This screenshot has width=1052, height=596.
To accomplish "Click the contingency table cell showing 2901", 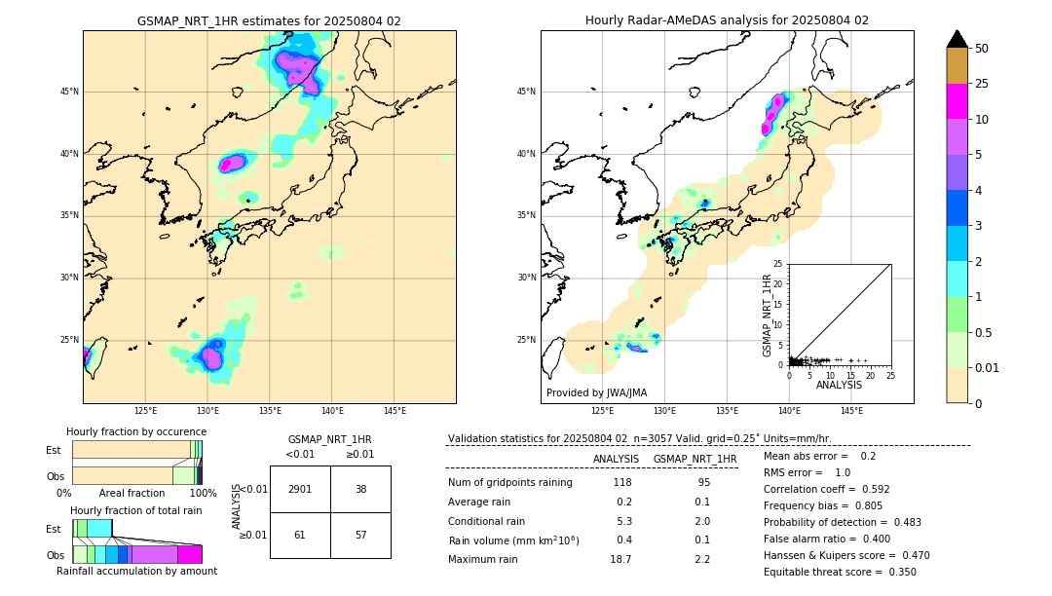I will pyautogui.click(x=300, y=489).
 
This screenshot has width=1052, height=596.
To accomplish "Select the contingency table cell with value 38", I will pyautogui.click(x=360, y=489).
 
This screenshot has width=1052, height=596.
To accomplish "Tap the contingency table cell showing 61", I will pyautogui.click(x=300, y=535).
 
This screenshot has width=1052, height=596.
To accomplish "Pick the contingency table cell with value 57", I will pyautogui.click(x=360, y=535).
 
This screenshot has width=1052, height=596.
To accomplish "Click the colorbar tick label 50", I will pyautogui.click(x=982, y=49).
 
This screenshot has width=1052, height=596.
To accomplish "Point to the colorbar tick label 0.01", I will pyautogui.click(x=988, y=367).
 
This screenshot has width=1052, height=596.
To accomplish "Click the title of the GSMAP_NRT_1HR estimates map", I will pyautogui.click(x=269, y=20).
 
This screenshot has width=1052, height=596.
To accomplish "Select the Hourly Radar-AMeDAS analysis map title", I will pyautogui.click(x=727, y=20).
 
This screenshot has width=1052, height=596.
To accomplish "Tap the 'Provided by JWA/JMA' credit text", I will pyautogui.click(x=596, y=392).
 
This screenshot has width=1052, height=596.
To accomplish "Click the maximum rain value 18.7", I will pyautogui.click(x=621, y=559).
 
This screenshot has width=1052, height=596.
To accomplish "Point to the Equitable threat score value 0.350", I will pyautogui.click(x=897, y=573).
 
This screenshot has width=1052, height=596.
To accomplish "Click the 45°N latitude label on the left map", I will pyautogui.click(x=69, y=92).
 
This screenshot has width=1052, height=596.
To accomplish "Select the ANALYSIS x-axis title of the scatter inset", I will pyautogui.click(x=839, y=385).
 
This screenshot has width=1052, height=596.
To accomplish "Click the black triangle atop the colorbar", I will pyautogui.click(x=958, y=39).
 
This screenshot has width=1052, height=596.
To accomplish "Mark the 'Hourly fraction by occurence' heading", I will pyautogui.click(x=136, y=431).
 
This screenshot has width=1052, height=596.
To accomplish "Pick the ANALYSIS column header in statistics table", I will pyautogui.click(x=616, y=459).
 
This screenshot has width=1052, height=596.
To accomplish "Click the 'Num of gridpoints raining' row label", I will pyautogui.click(x=509, y=483).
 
